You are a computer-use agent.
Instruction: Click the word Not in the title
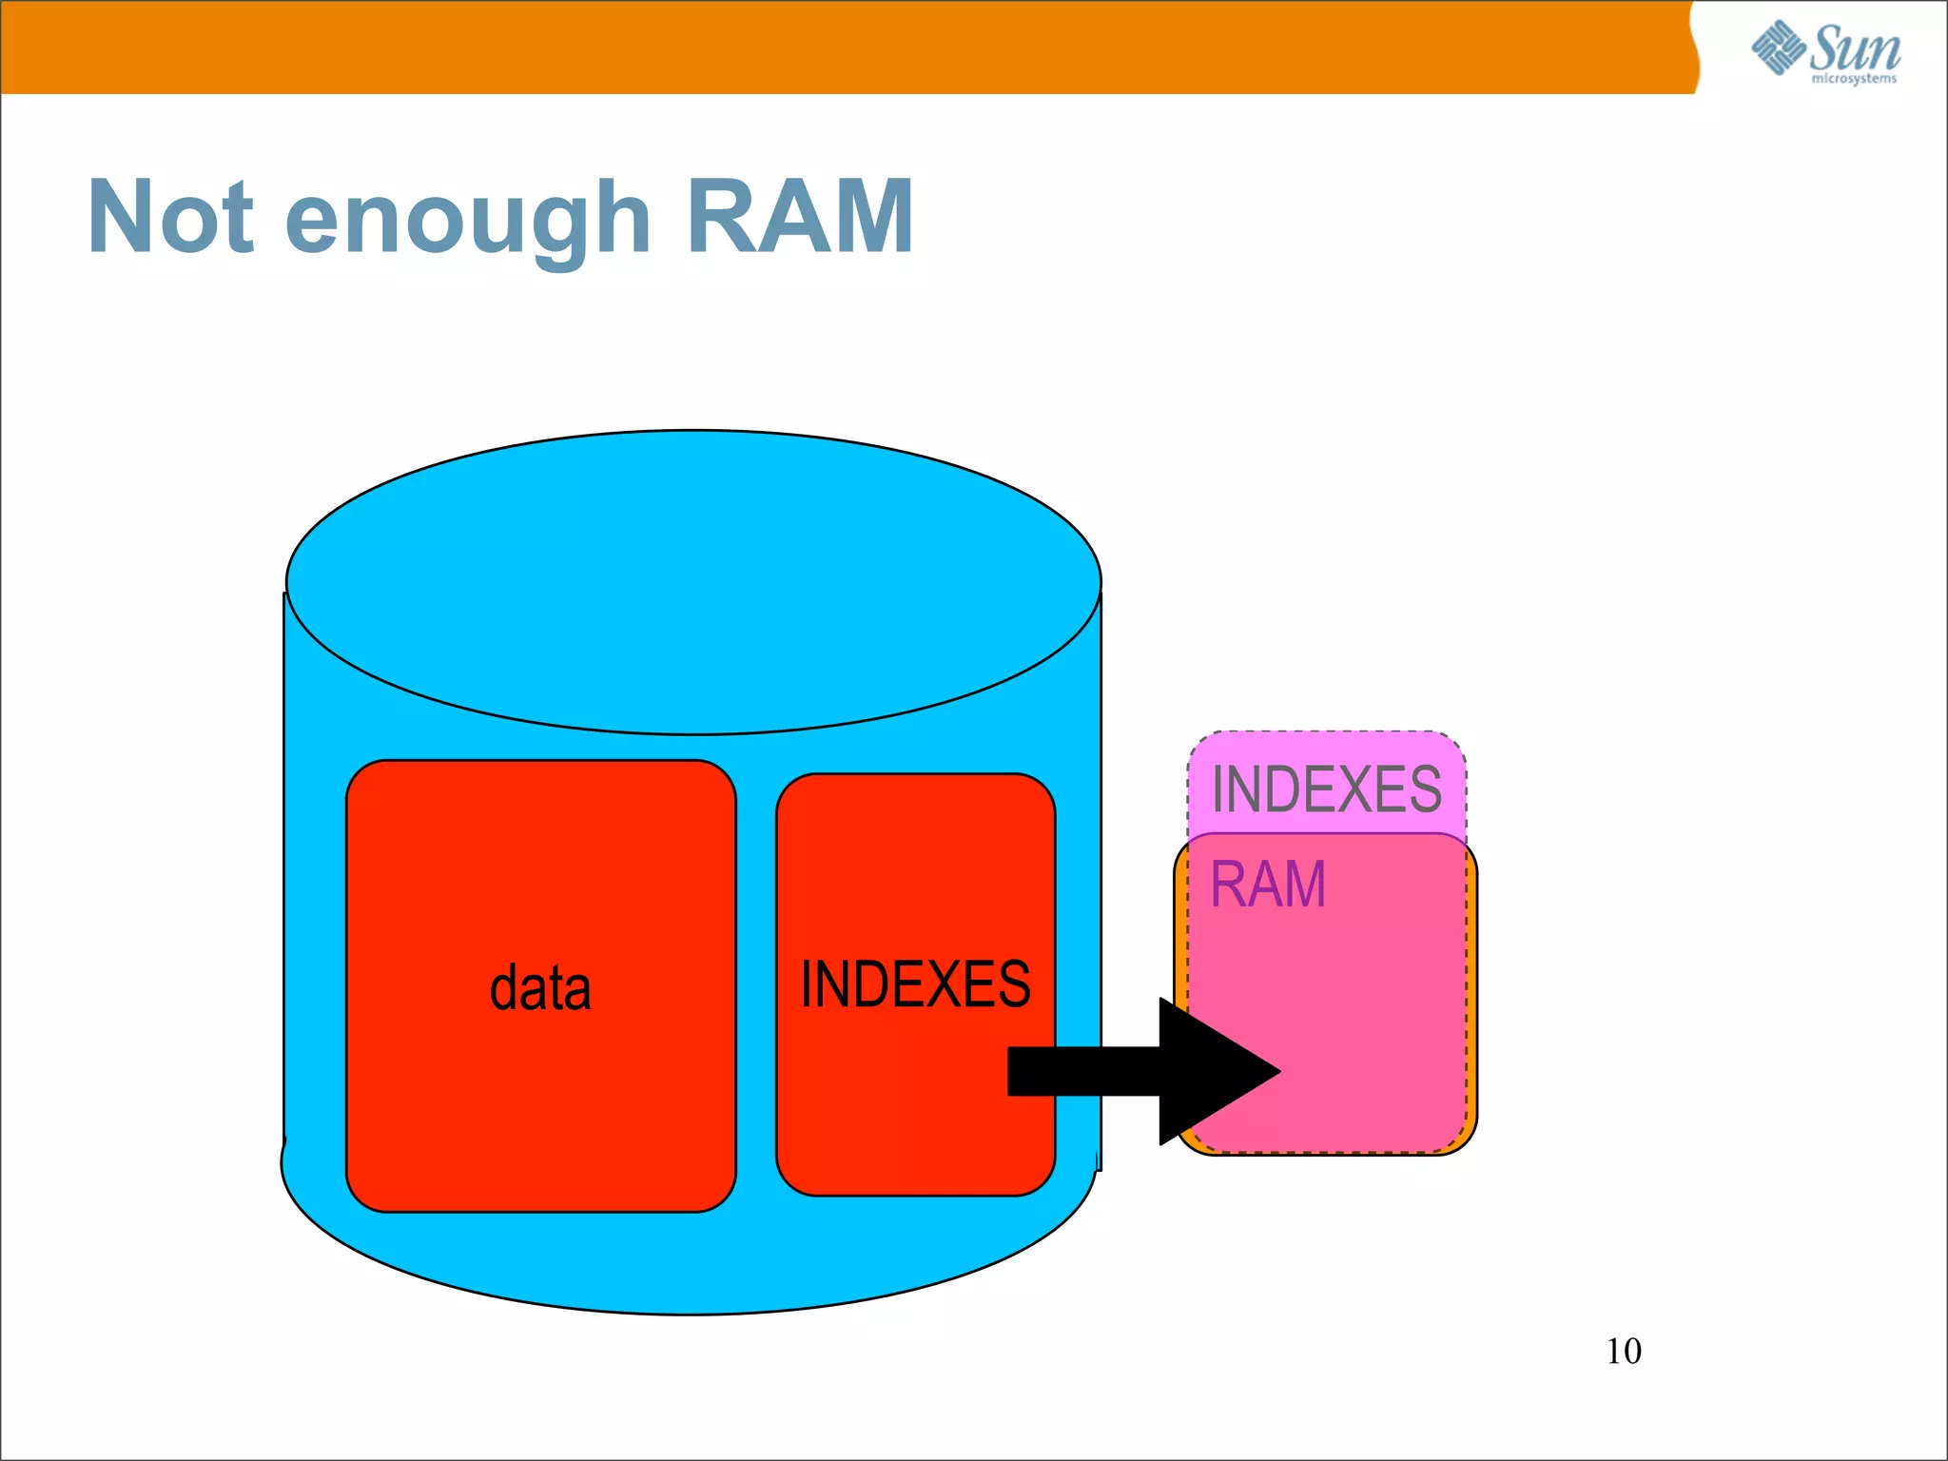point(171,217)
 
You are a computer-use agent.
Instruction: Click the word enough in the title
point(468,221)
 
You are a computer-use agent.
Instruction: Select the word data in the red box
point(540,987)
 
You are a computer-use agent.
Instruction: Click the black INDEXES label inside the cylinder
point(915,984)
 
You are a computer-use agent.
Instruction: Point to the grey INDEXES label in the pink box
point(1326,789)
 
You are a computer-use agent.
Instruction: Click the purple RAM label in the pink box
point(1267,885)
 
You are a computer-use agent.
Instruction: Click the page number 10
point(1624,1351)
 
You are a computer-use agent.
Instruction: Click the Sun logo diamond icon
point(1778,48)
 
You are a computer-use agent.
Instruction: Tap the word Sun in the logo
point(1854,48)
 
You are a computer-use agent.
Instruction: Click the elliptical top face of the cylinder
point(693,582)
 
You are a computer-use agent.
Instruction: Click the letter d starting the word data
point(504,987)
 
